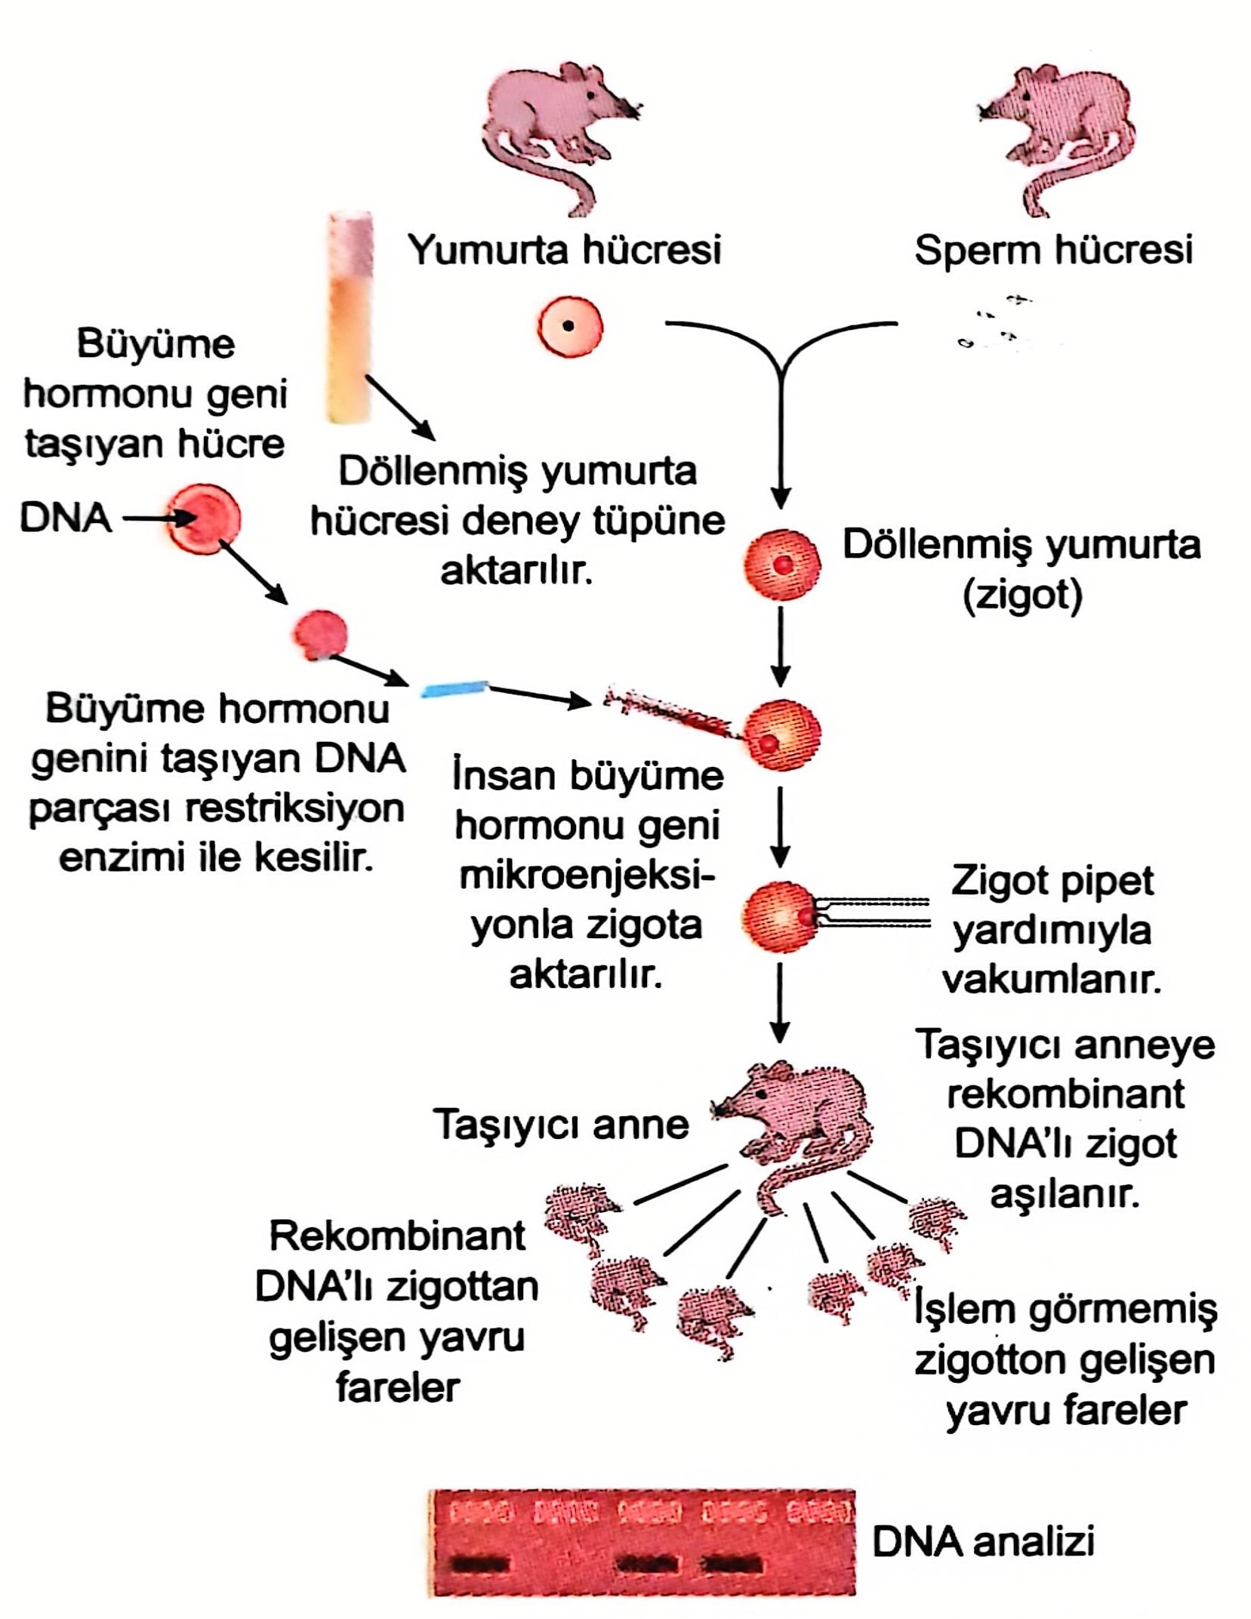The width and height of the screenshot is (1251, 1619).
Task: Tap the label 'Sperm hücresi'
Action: click(x=1053, y=250)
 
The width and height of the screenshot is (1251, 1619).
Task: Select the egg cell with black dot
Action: click(x=570, y=327)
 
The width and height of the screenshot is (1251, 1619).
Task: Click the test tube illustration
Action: click(x=350, y=317)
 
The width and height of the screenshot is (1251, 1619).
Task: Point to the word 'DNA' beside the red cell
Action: click(x=65, y=519)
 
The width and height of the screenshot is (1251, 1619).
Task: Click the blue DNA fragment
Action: click(x=454, y=688)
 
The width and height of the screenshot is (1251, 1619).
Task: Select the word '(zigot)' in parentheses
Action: click(x=1022, y=595)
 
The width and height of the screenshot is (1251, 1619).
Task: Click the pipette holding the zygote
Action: click(x=876, y=912)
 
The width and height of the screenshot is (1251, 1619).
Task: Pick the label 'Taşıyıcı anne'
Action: click(x=561, y=1124)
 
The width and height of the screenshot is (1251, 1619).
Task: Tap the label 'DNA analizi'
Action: click(x=983, y=1541)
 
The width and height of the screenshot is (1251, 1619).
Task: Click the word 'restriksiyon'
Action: click(x=294, y=808)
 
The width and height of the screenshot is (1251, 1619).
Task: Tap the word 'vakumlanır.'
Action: click(x=1051, y=980)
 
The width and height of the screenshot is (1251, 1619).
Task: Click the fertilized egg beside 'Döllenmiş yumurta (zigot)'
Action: click(x=781, y=565)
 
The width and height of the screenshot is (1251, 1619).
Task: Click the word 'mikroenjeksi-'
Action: click(x=587, y=876)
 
